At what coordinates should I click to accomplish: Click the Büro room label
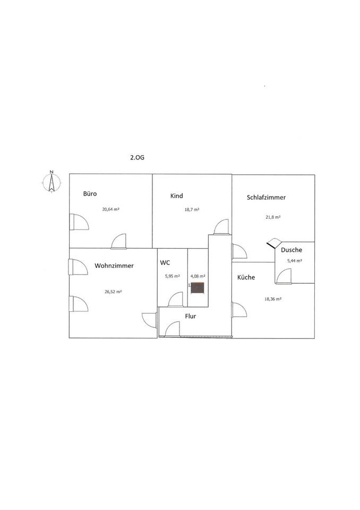(x=90, y=194)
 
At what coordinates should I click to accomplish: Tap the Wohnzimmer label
(x=114, y=266)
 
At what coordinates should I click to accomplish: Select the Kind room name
(x=176, y=196)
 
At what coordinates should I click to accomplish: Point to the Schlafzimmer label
(x=266, y=197)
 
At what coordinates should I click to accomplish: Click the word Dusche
(x=292, y=250)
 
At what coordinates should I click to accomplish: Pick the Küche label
(x=246, y=277)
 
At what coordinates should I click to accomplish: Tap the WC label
(x=165, y=262)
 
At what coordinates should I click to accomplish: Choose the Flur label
(x=191, y=316)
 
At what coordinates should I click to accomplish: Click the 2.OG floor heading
(x=138, y=157)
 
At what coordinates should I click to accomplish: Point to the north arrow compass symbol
(x=52, y=182)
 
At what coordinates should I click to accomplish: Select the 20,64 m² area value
(x=110, y=209)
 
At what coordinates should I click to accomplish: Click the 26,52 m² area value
(x=114, y=292)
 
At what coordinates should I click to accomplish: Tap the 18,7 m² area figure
(x=192, y=210)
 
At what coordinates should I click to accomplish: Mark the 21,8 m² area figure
(x=273, y=217)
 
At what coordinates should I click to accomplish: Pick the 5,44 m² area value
(x=294, y=261)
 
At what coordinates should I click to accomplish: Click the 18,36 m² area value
(x=272, y=299)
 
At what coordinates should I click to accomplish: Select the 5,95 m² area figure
(x=172, y=276)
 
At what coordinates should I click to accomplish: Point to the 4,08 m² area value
(x=198, y=276)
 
